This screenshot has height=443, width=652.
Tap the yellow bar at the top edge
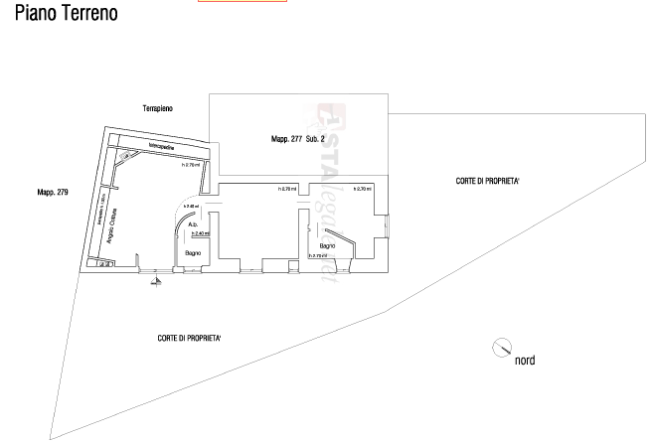pos(242,2)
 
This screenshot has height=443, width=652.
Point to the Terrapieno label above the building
pos(158,107)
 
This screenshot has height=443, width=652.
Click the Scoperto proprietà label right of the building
pos(488,182)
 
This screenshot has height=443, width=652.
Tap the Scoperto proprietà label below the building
pos(189,338)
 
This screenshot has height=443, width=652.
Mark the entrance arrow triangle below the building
pos(155,282)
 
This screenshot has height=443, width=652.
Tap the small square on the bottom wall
pos(292,265)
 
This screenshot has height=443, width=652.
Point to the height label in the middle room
pos(286,189)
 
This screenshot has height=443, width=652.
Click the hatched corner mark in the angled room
pos(126,157)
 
